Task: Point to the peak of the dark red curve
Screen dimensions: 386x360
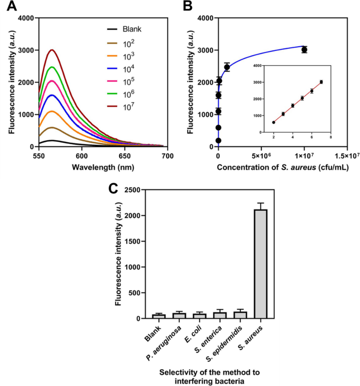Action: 52,50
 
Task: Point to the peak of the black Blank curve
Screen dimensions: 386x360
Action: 52,140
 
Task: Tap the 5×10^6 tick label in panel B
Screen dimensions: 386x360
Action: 261,156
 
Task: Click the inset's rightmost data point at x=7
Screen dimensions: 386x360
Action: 321,82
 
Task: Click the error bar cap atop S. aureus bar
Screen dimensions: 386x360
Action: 260,203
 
